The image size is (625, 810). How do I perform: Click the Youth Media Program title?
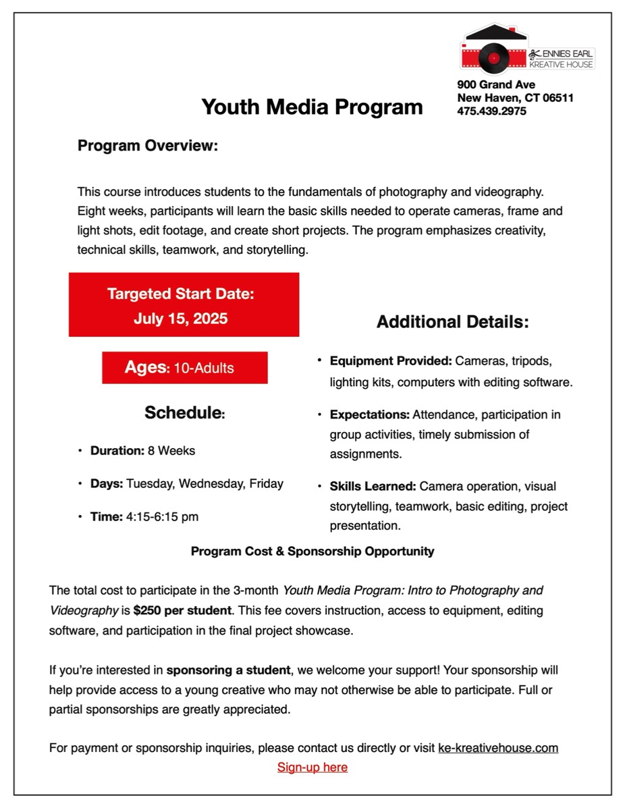click(x=312, y=107)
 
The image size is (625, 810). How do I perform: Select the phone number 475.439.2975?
click(x=491, y=111)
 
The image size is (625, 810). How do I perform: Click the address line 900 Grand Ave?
click(x=496, y=84)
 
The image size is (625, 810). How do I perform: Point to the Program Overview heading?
click(x=148, y=146)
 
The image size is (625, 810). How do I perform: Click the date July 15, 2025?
click(x=181, y=319)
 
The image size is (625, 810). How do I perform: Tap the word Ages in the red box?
click(x=145, y=367)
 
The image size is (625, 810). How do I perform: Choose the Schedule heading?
click(x=184, y=413)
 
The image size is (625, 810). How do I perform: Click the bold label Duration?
click(x=117, y=450)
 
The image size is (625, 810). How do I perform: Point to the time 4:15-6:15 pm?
click(x=162, y=517)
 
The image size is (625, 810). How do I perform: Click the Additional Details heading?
click(x=452, y=322)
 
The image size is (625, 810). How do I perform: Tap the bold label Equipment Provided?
click(x=391, y=361)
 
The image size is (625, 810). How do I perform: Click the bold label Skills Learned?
click(x=373, y=487)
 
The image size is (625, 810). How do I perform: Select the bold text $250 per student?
click(x=182, y=611)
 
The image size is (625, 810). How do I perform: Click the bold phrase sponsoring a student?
click(x=228, y=671)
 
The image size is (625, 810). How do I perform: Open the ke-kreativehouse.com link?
click(x=498, y=748)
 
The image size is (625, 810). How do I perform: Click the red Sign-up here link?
click(x=312, y=767)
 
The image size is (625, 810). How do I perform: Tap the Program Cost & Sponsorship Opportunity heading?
click(x=312, y=551)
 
